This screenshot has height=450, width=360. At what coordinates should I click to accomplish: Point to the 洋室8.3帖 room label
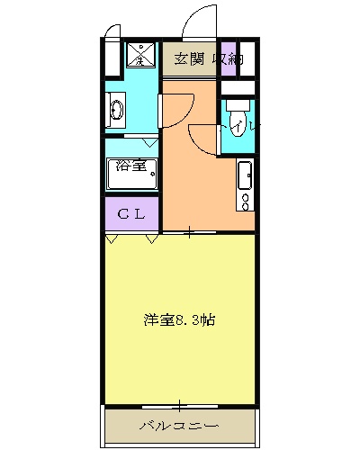tap(179, 319)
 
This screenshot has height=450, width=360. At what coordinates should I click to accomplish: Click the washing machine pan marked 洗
tap(140, 55)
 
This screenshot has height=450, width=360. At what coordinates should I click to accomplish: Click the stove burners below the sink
tap(244, 193)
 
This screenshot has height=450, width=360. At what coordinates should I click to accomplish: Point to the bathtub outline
tap(131, 175)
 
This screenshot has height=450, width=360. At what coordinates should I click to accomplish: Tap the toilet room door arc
tap(205, 135)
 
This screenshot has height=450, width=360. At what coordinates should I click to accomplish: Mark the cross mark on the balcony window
tap(180, 405)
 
